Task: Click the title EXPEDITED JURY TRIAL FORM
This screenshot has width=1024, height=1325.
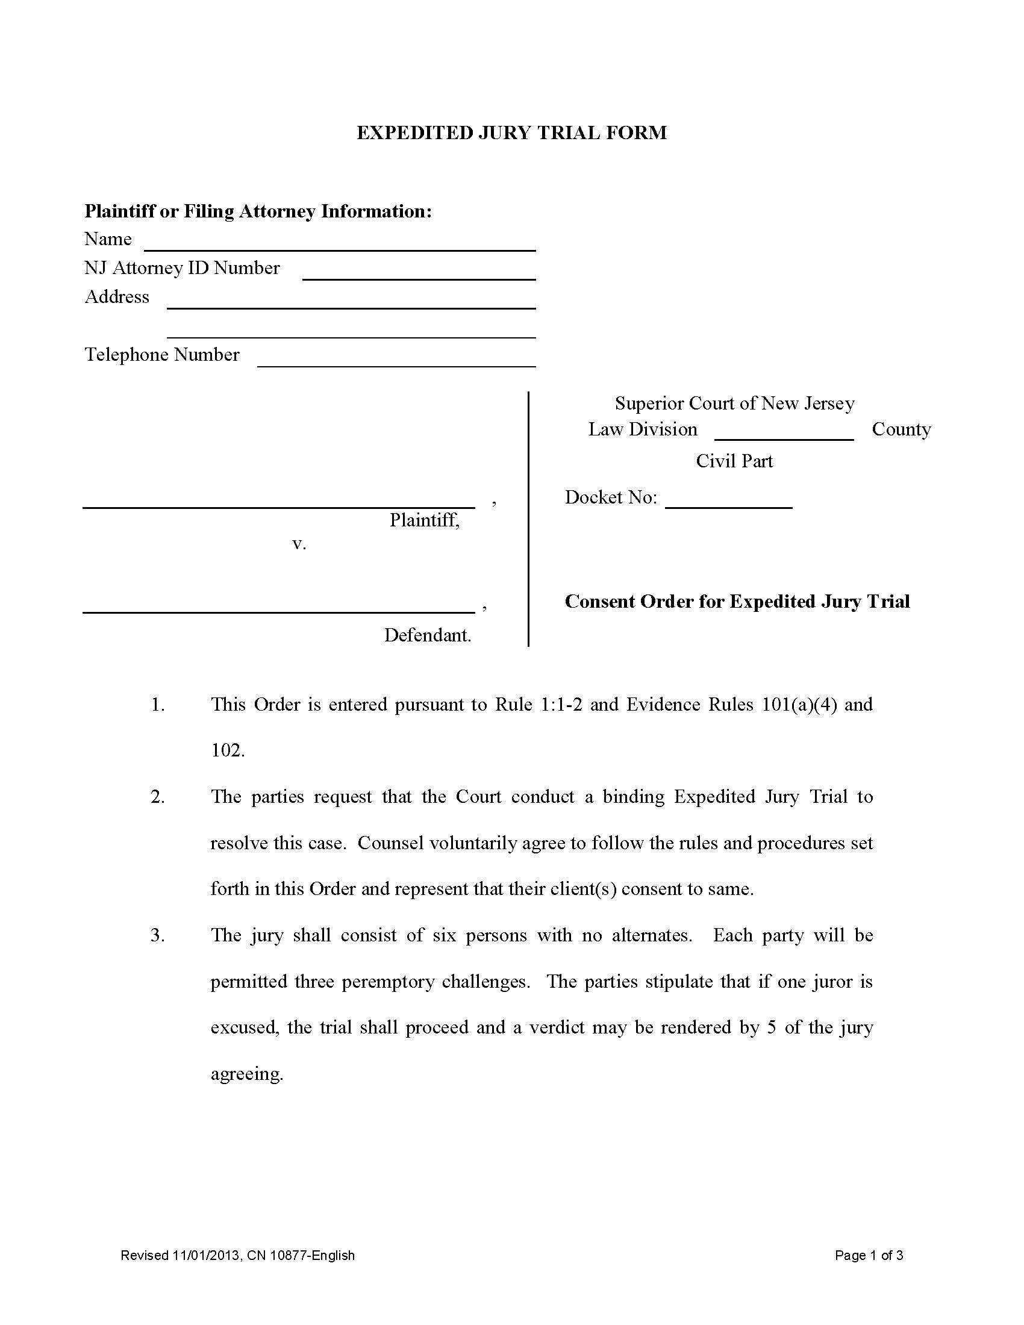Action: click(511, 132)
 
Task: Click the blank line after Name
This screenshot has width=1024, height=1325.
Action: click(340, 245)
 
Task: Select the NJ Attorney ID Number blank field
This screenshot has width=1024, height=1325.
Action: click(419, 273)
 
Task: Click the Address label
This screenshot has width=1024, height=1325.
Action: click(116, 297)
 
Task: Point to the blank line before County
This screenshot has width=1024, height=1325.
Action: click(784, 434)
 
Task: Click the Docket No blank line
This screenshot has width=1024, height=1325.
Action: click(729, 502)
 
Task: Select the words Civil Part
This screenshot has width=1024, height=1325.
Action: click(734, 461)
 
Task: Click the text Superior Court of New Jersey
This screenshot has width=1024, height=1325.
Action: click(734, 404)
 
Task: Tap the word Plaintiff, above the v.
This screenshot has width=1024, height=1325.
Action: click(424, 520)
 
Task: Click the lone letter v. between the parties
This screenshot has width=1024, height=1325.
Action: click(298, 544)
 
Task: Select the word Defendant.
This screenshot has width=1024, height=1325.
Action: click(427, 635)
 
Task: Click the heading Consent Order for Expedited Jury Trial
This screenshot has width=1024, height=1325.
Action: click(737, 601)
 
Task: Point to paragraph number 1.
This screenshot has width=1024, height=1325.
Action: click(158, 705)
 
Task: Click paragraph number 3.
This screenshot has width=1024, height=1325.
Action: click(158, 935)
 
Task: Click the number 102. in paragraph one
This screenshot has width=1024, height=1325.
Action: click(228, 750)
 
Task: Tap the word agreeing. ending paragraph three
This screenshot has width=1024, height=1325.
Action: click(247, 1073)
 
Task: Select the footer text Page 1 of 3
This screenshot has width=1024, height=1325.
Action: click(868, 1255)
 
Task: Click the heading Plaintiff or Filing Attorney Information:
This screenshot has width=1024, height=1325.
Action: click(258, 211)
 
